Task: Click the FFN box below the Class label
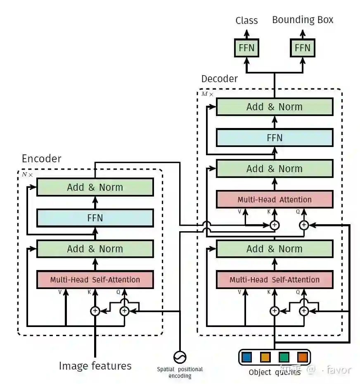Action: [247, 48]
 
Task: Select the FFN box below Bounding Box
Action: [303, 48]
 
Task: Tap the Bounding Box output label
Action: [303, 20]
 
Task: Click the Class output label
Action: [246, 21]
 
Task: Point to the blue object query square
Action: [246, 357]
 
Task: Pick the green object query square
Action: [284, 357]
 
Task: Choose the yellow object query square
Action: [265, 357]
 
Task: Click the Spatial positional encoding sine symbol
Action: [180, 356]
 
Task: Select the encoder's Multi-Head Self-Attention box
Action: [95, 280]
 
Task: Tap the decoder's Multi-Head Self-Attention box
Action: [275, 280]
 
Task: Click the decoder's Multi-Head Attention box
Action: [275, 199]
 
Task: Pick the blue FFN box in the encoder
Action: [95, 218]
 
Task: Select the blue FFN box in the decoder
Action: [275, 137]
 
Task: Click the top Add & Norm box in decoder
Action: [275, 107]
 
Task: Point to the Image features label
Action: [95, 366]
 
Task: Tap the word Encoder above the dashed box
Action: [41, 159]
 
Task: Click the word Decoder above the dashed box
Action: [219, 78]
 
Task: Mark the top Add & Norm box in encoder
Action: [95, 187]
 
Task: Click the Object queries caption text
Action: [274, 372]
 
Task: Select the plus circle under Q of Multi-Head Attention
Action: [304, 225]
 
